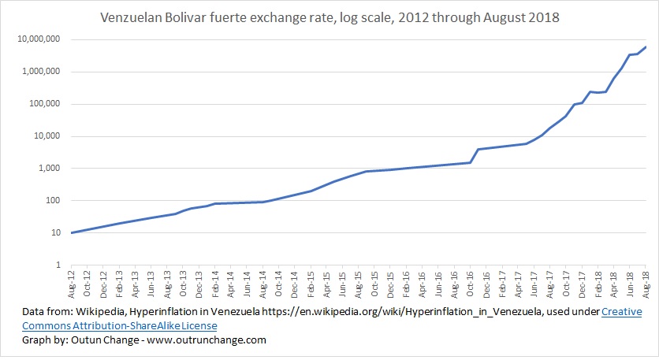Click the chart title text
pyautogui.click(x=329, y=17)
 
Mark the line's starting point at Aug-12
pyautogui.click(x=72, y=232)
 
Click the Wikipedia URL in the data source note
pyautogui.click(x=410, y=312)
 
